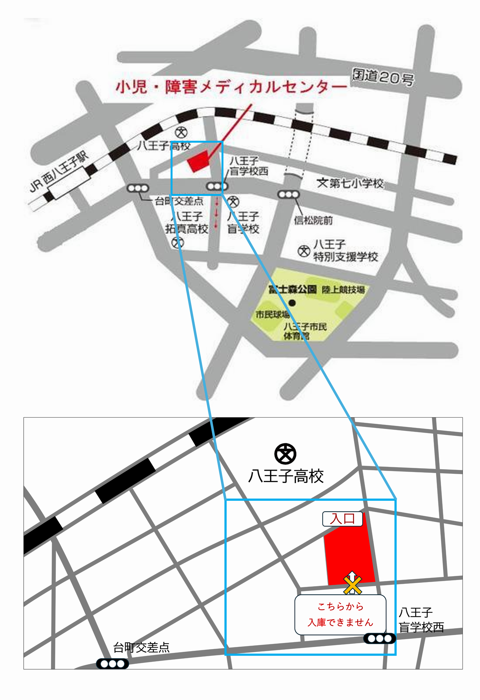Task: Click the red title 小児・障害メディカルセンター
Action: pyautogui.click(x=231, y=87)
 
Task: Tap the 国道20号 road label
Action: pyautogui.click(x=383, y=77)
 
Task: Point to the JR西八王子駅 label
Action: pyautogui.click(x=59, y=172)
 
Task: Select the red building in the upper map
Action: pyautogui.click(x=198, y=161)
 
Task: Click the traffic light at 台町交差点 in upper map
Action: pyautogui.click(x=138, y=188)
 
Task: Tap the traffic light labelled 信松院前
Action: pyautogui.click(x=288, y=194)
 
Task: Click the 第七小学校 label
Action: pyautogui.click(x=350, y=184)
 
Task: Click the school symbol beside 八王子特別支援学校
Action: pyautogui.click(x=303, y=251)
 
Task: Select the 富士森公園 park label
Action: pyautogui.click(x=293, y=290)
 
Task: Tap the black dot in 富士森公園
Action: pyautogui.click(x=292, y=303)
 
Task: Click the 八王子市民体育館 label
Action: pyautogui.click(x=304, y=331)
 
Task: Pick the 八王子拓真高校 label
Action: pyautogui.click(x=187, y=223)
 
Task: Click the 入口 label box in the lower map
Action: pyautogui.click(x=342, y=519)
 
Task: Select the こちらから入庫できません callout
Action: pyautogui.click(x=340, y=615)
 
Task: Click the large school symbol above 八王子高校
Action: pyautogui.click(x=285, y=454)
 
